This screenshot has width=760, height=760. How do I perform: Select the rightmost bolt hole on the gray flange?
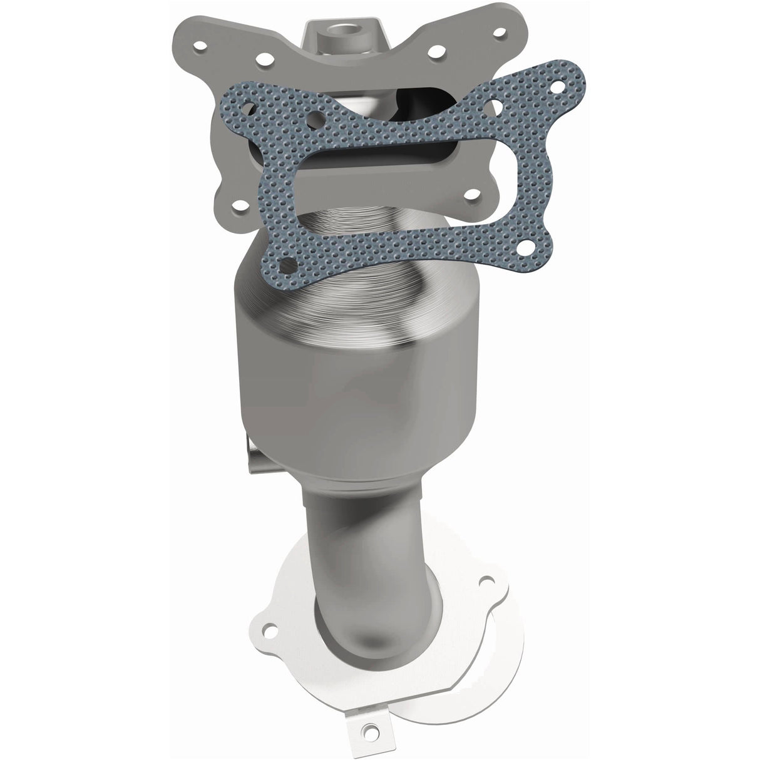pos(499,31)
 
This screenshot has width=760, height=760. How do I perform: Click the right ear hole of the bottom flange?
pos(483,582)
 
